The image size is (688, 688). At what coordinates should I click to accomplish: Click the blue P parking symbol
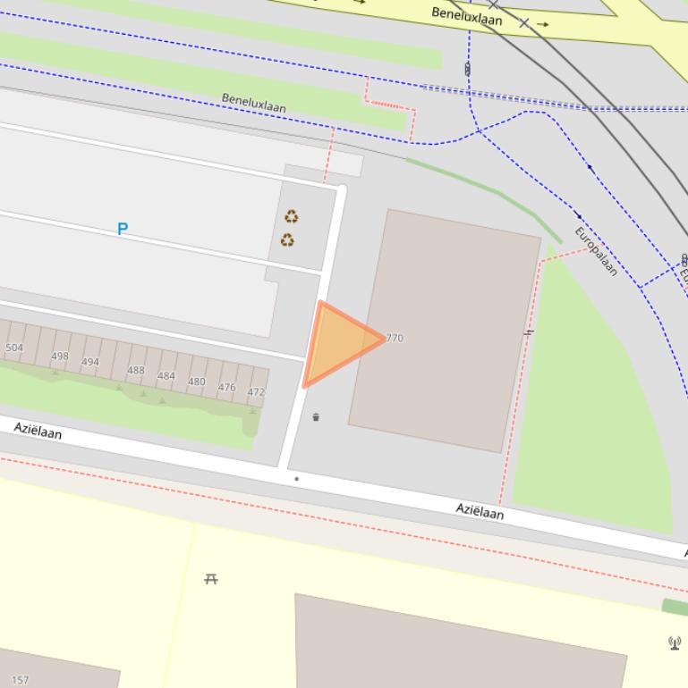(123, 229)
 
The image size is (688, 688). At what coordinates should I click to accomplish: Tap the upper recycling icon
(291, 216)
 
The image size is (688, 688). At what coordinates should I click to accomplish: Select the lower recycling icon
(287, 239)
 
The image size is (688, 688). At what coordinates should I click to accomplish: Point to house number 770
(395, 339)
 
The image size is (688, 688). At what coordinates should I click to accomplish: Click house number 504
(14, 348)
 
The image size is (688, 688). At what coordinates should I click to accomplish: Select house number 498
(60, 357)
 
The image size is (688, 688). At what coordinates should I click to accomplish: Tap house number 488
(136, 371)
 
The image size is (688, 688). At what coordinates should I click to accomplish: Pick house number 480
(196, 382)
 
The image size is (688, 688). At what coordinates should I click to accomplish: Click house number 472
(256, 392)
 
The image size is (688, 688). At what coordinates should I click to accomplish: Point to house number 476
(226, 388)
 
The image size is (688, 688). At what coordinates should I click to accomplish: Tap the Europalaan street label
(596, 251)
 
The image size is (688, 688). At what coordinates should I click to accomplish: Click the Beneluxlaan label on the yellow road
(467, 16)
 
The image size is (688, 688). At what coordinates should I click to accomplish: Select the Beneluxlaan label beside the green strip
(254, 103)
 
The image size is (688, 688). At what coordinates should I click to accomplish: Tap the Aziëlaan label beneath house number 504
(38, 431)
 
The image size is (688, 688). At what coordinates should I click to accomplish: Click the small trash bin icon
(316, 417)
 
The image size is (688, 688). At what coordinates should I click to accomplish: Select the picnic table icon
(211, 579)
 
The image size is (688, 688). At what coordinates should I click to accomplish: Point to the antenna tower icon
(675, 642)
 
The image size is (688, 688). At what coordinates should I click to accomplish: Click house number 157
(20, 680)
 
